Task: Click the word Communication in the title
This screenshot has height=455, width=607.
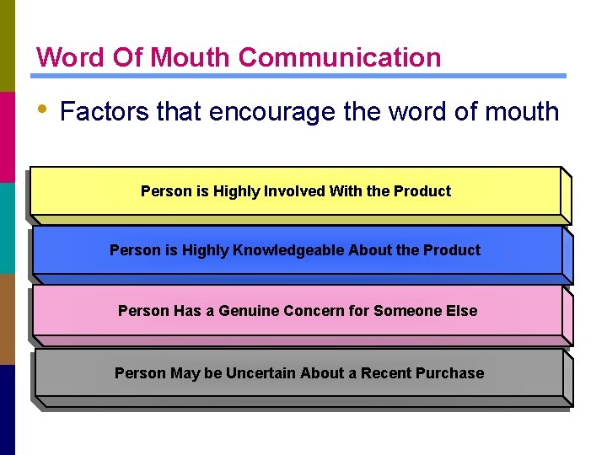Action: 339,57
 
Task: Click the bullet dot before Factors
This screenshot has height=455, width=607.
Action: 41,109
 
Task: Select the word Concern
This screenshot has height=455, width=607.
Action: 314,311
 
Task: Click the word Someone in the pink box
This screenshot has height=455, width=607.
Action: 408,311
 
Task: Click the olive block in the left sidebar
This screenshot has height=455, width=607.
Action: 8,45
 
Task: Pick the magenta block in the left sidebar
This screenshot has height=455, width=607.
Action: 8,136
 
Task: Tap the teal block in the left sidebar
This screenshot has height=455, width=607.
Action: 8,227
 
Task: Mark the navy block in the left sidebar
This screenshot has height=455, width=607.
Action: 8,409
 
